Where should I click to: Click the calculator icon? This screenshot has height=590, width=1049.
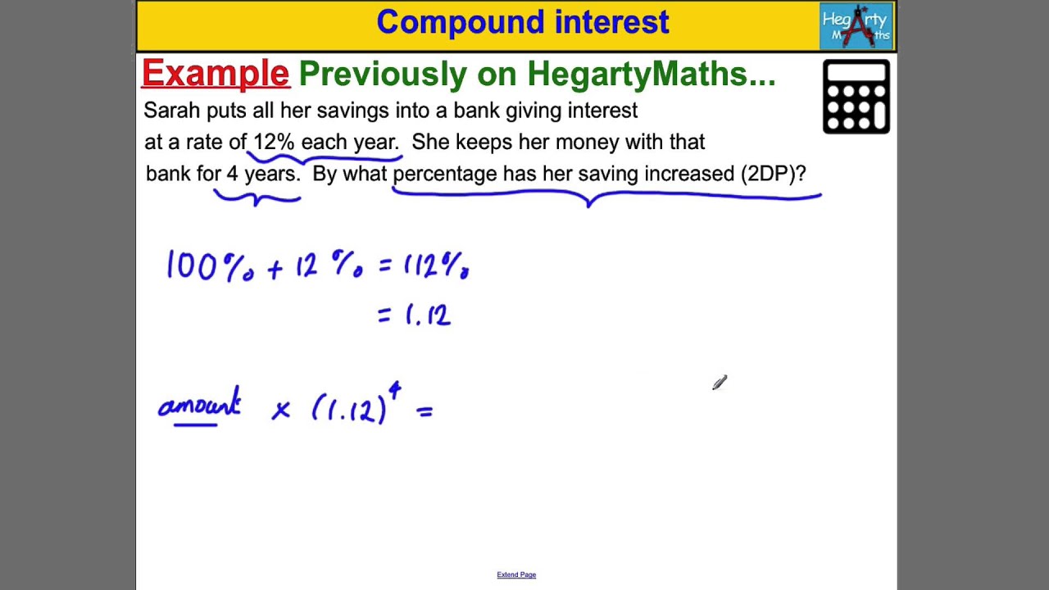(856, 97)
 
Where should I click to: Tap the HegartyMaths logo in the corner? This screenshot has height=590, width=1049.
(856, 27)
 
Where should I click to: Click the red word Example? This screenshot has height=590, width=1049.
(216, 74)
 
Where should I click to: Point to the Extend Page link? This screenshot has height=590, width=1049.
(516, 574)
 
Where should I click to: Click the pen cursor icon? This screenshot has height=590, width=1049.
(720, 383)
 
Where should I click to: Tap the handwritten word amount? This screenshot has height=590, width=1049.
(199, 406)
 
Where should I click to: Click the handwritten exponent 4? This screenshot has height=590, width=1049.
(394, 393)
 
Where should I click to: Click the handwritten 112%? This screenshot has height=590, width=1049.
(435, 266)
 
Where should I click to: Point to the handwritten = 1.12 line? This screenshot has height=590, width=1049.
(414, 315)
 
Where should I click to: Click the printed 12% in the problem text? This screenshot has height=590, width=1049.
(274, 142)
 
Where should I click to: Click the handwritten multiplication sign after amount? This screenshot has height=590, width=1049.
(280, 410)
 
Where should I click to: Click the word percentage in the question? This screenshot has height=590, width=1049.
(445, 174)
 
